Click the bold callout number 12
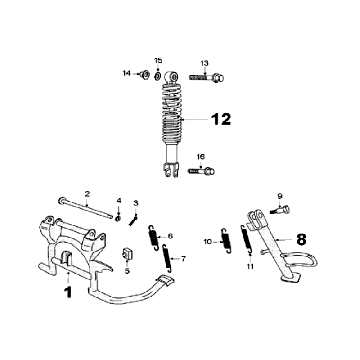coord(221,118)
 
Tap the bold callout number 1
coord(67,293)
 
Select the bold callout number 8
coord(302,240)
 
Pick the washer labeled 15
coord(158,73)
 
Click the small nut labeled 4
coord(118,215)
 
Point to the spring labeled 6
coord(153,238)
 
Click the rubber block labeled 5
coord(127,253)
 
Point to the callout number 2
coord(87,193)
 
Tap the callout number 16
coord(201,157)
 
